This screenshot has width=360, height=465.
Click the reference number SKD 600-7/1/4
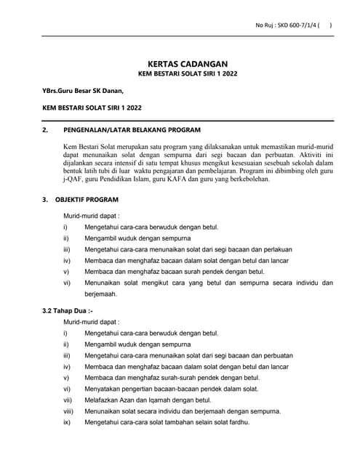coord(294,25)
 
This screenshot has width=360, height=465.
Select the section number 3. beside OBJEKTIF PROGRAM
coord(46,198)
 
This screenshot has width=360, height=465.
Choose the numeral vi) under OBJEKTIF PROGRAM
coord(67,282)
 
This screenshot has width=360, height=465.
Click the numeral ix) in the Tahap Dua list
coord(66,421)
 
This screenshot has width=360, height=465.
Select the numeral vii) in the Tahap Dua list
coord(67,400)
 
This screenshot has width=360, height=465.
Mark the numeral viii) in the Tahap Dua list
coord(68,411)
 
